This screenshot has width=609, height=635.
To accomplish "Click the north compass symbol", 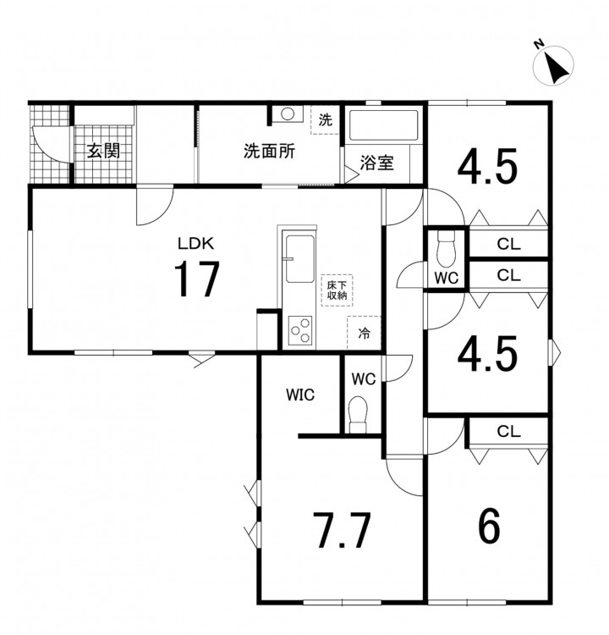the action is pyautogui.click(x=553, y=65).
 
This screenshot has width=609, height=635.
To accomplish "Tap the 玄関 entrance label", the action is pyautogui.click(x=104, y=151).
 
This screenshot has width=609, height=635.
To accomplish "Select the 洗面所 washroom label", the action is pyautogui.click(x=269, y=151).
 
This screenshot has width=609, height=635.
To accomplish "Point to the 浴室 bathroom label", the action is pyautogui.click(x=376, y=163).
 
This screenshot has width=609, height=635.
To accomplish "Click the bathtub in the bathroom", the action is pyautogui.click(x=383, y=124).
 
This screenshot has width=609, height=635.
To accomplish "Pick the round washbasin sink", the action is pyautogui.click(x=288, y=113).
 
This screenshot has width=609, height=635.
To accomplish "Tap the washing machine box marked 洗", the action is pyautogui.click(x=326, y=119).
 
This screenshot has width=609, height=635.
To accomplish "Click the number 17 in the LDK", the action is pyautogui.click(x=197, y=279).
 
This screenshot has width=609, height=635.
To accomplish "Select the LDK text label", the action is pyautogui.click(x=196, y=243).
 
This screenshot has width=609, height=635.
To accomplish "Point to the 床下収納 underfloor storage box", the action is pyautogui.click(x=337, y=290).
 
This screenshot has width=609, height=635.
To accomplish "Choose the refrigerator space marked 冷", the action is pyautogui.click(x=364, y=333).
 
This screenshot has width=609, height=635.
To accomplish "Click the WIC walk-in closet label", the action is pyautogui.click(x=300, y=395).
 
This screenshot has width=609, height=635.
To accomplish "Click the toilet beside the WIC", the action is pyautogui.click(x=358, y=414).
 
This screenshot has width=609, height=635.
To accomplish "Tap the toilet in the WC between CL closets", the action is pyautogui.click(x=446, y=248).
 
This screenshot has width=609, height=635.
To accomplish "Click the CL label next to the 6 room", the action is pyautogui.click(x=508, y=432).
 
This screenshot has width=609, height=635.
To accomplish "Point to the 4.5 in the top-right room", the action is pyautogui.click(x=488, y=167).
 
